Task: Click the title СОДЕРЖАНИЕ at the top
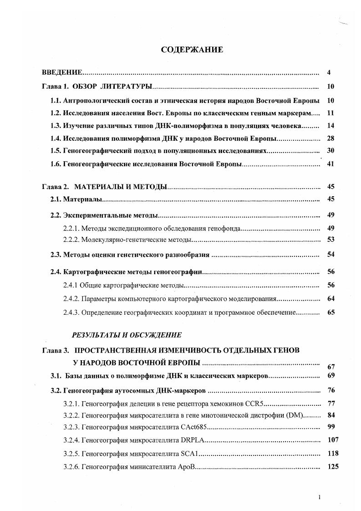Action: coord(192,50)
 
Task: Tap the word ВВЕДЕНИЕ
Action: coord(62,72)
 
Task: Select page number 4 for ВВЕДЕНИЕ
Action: coord(329,72)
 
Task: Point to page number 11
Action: coord(330,112)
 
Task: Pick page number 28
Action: coord(330,138)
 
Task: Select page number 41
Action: coord(330,164)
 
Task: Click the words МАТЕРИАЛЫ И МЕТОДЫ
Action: coord(121,186)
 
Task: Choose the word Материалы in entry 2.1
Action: coord(82,199)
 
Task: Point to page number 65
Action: coord(330,313)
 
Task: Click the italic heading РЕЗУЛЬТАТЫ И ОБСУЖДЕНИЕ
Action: coord(127,335)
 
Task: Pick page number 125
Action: coord(333,467)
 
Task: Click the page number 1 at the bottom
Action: coord(320,497)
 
